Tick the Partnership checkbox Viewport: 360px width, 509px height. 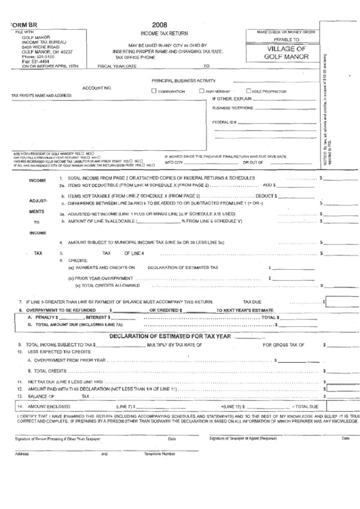(201, 90)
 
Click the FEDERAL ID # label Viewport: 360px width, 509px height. (223, 122)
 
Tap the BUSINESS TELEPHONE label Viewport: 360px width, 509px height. (234, 109)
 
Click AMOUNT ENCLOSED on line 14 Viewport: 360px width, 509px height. (50, 406)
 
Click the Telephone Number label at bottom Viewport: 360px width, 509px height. (159, 453)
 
